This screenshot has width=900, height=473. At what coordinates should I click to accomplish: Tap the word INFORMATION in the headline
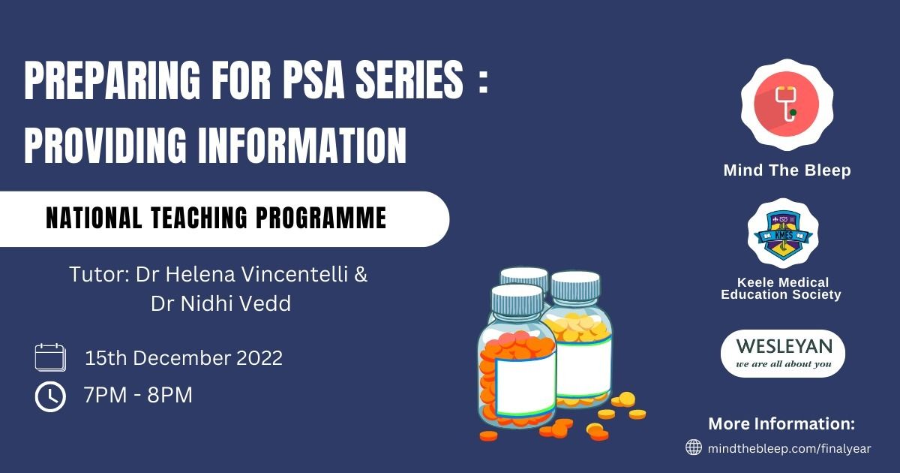[302, 145]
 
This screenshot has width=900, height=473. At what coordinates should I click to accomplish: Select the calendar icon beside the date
[50, 357]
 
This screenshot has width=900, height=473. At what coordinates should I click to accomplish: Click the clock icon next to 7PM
[50, 397]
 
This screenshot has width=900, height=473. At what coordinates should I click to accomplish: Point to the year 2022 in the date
[259, 358]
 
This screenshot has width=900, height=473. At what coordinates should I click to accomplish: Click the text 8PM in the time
[169, 395]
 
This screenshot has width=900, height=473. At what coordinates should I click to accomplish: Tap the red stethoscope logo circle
[786, 104]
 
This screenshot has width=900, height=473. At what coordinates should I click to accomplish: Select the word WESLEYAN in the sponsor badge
[784, 347]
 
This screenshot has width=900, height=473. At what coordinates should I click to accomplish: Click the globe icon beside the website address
[694, 447]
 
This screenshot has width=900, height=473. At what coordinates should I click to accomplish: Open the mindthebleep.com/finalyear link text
[789, 448]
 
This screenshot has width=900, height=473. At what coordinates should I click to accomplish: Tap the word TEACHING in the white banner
[199, 218]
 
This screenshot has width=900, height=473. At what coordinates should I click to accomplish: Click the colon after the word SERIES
[484, 83]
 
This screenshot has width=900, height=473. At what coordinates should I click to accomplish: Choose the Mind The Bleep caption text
[787, 170]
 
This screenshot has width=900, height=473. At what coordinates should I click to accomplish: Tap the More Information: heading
[781, 423]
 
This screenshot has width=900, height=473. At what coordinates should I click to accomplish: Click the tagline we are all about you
[784, 364]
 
